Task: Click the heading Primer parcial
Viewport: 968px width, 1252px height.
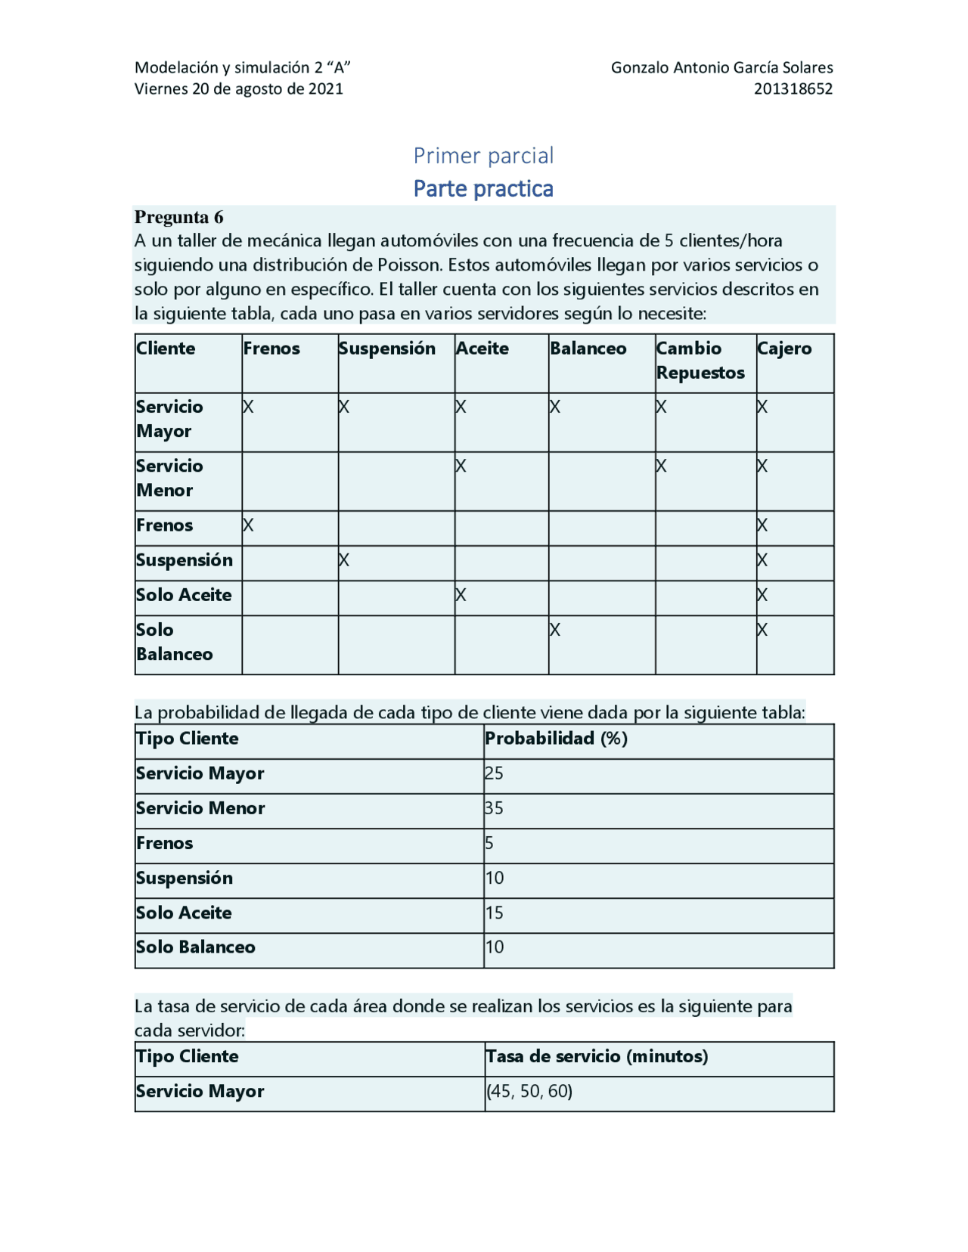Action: (x=483, y=156)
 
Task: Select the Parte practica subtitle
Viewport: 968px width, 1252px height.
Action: (x=483, y=188)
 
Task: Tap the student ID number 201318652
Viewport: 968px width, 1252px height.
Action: (x=793, y=88)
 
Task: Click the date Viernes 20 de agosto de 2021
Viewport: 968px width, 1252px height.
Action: (x=238, y=88)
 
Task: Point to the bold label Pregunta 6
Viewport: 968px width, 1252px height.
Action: (x=178, y=217)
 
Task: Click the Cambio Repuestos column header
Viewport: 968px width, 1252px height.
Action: (x=700, y=361)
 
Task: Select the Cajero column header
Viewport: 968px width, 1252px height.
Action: (x=784, y=349)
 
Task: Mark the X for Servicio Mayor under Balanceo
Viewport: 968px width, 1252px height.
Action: (x=555, y=408)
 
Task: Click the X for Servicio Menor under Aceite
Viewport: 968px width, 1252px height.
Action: (x=461, y=466)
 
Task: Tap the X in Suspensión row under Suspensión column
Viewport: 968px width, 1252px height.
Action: (x=344, y=560)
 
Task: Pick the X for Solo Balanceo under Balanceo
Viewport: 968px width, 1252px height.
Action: (x=555, y=630)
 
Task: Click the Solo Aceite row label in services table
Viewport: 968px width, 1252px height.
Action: (x=184, y=595)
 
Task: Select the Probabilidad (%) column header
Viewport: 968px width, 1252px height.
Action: (x=556, y=739)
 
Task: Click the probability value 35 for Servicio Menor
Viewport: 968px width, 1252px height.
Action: (x=494, y=808)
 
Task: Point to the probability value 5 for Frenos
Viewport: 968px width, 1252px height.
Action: (x=489, y=843)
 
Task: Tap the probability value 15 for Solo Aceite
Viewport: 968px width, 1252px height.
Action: (x=494, y=913)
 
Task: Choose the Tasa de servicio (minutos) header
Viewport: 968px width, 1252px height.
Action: (x=597, y=1056)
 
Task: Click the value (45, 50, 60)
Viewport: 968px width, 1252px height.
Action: (x=529, y=1091)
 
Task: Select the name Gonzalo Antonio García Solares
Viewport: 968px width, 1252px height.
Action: (x=721, y=67)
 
